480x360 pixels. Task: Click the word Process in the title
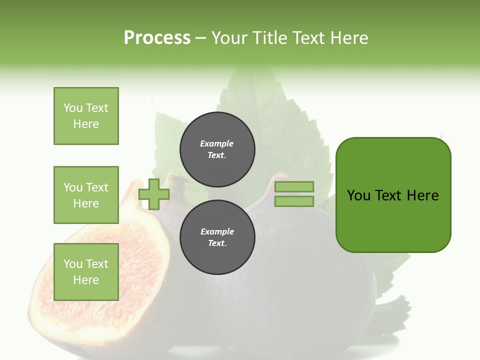coord(157,38)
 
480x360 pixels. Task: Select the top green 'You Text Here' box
coord(86,116)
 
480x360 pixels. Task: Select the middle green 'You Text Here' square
coord(86,195)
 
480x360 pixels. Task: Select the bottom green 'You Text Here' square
coord(86,271)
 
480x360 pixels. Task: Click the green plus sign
coord(154,194)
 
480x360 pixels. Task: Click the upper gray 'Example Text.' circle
coord(217,149)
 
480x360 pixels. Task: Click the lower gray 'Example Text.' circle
coord(217,237)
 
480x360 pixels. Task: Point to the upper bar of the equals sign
coord(294,186)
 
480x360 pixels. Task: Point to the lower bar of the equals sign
coord(294,201)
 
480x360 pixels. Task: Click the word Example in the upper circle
coord(217,143)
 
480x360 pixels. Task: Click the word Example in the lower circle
coord(217,231)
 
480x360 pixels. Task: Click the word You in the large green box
coord(358,195)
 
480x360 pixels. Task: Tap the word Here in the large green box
coord(422,195)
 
